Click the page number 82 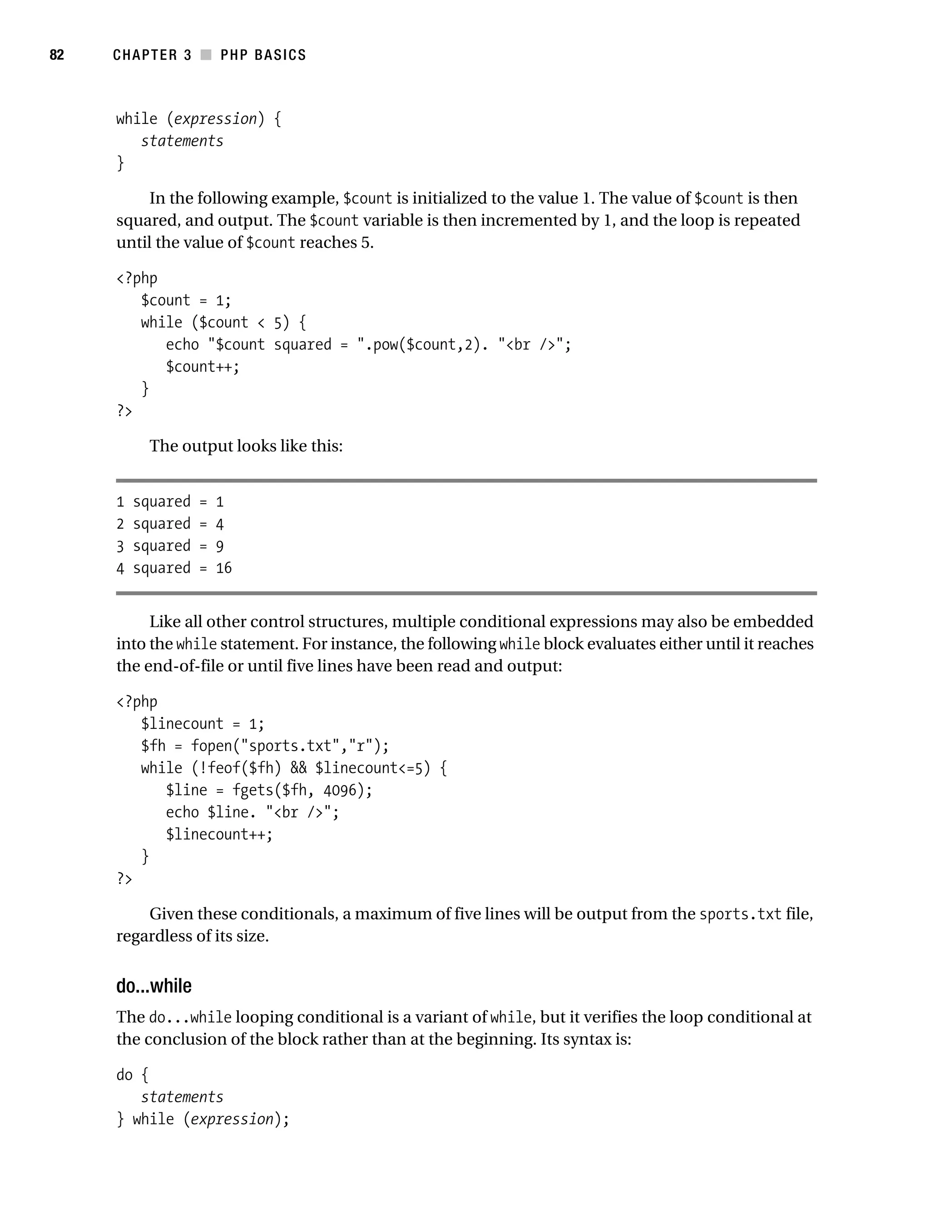(57, 55)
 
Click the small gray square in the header (206, 55)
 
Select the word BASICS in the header (280, 55)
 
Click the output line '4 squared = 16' (174, 568)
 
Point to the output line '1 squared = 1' (170, 502)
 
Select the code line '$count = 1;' (186, 300)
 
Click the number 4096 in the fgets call (340, 790)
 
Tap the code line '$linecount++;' (219, 835)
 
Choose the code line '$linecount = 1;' (202, 724)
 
